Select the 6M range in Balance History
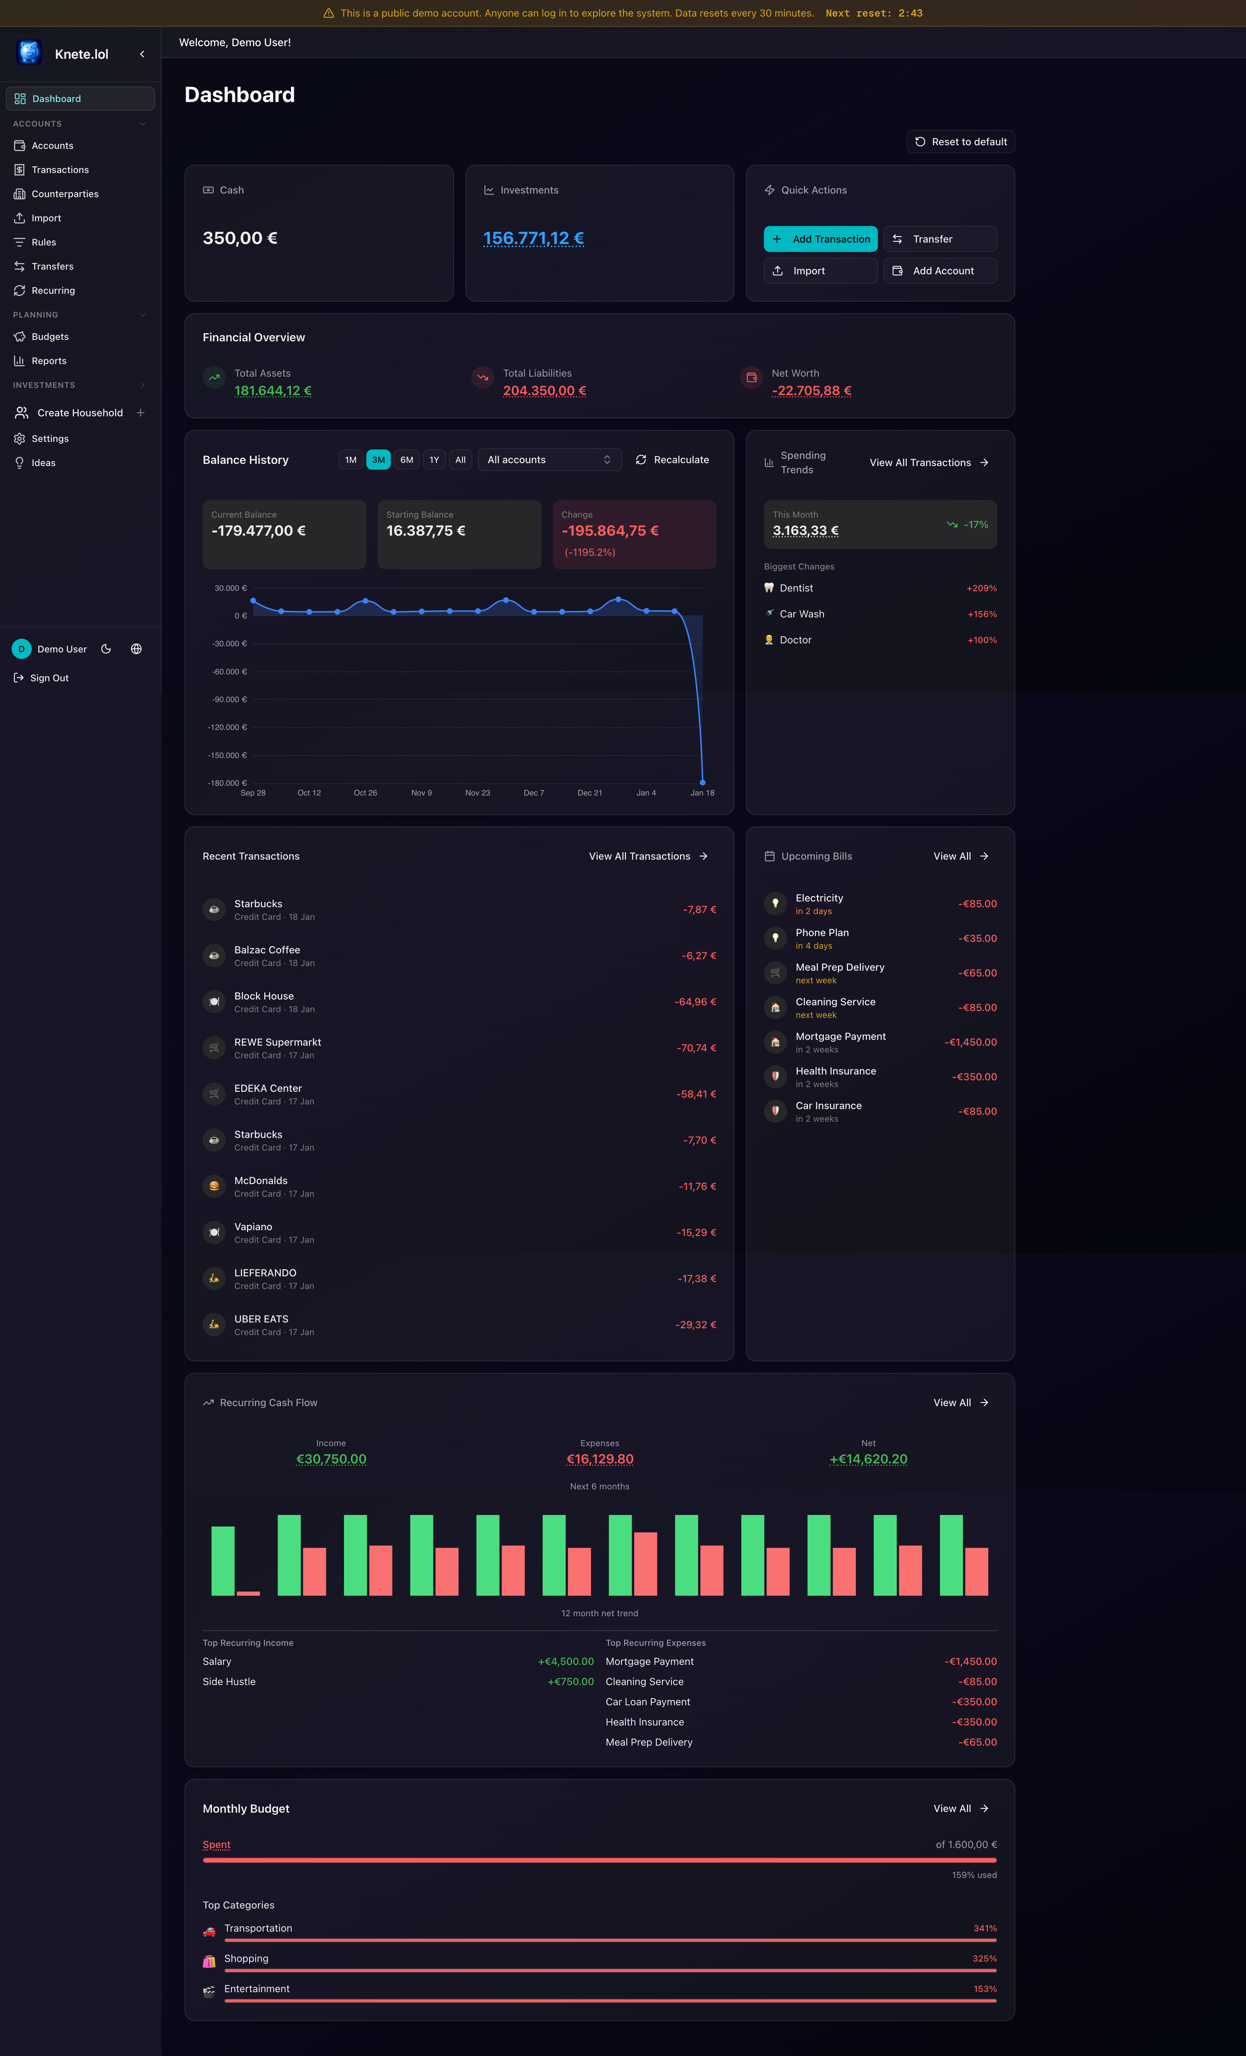click(406, 460)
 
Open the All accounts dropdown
click(549, 460)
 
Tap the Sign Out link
click(49, 678)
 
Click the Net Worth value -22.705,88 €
click(811, 390)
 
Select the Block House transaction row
click(458, 1001)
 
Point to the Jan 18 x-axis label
click(702, 793)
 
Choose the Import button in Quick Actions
click(819, 270)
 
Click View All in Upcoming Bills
click(960, 856)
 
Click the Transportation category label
click(258, 1928)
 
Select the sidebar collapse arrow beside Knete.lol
click(142, 54)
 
